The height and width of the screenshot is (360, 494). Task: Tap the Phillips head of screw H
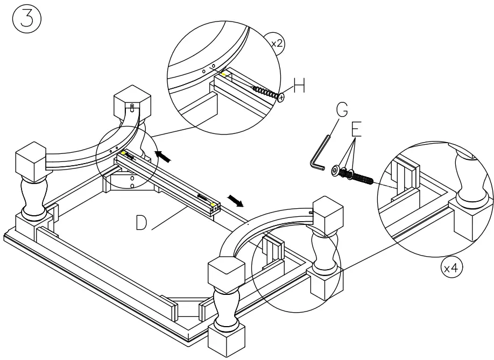click(281, 97)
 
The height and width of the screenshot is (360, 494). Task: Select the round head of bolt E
click(336, 171)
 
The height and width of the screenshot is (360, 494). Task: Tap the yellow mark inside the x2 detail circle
click(222, 75)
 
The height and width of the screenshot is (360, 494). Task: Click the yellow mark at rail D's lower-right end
click(215, 205)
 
